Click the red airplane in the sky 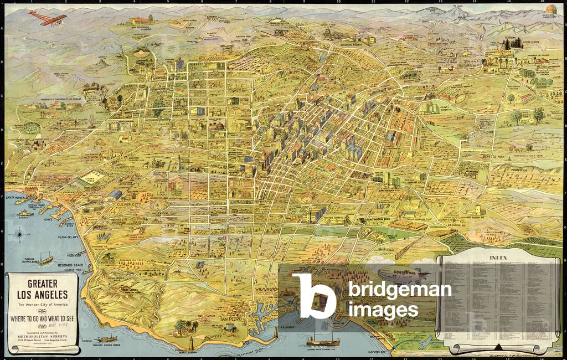click(48, 18)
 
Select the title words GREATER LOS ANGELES click(43, 289)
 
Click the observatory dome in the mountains click(551, 9)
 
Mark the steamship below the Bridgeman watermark click(323, 339)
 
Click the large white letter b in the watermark click(314, 296)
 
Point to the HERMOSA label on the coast click(65, 256)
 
